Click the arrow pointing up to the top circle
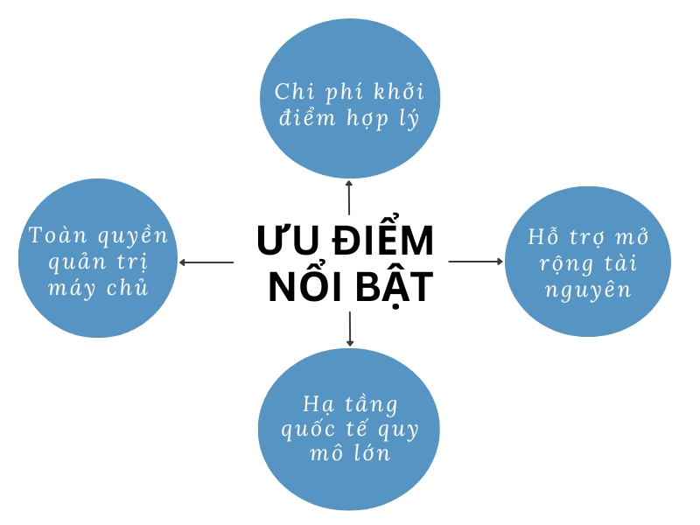(x=349, y=198)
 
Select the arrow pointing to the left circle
(x=206, y=262)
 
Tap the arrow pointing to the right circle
(x=476, y=261)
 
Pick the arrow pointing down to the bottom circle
(x=349, y=329)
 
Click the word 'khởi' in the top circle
(x=399, y=91)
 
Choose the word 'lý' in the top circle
(x=409, y=118)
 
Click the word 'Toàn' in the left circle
(x=58, y=234)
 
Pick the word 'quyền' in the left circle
(x=133, y=235)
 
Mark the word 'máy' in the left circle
(x=72, y=288)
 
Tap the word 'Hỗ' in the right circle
(x=543, y=236)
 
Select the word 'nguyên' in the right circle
(x=588, y=290)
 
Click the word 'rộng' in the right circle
(x=566, y=264)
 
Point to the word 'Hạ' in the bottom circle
(x=318, y=404)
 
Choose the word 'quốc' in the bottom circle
(x=308, y=430)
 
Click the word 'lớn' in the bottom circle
(x=373, y=452)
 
